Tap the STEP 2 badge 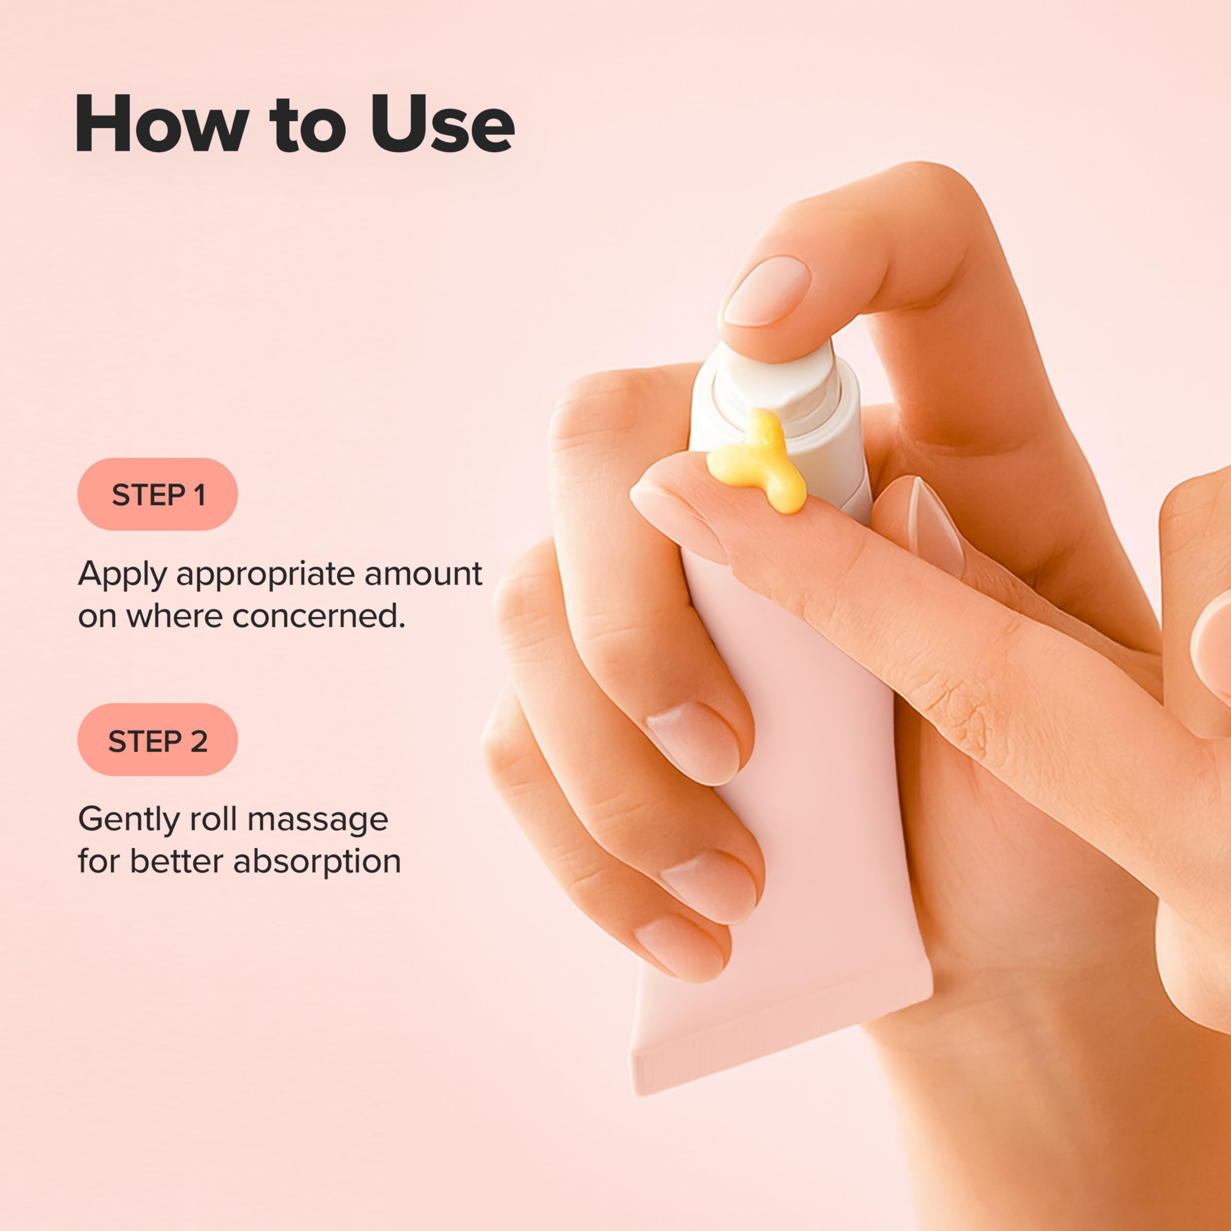click(157, 741)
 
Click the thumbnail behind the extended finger click(937, 526)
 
